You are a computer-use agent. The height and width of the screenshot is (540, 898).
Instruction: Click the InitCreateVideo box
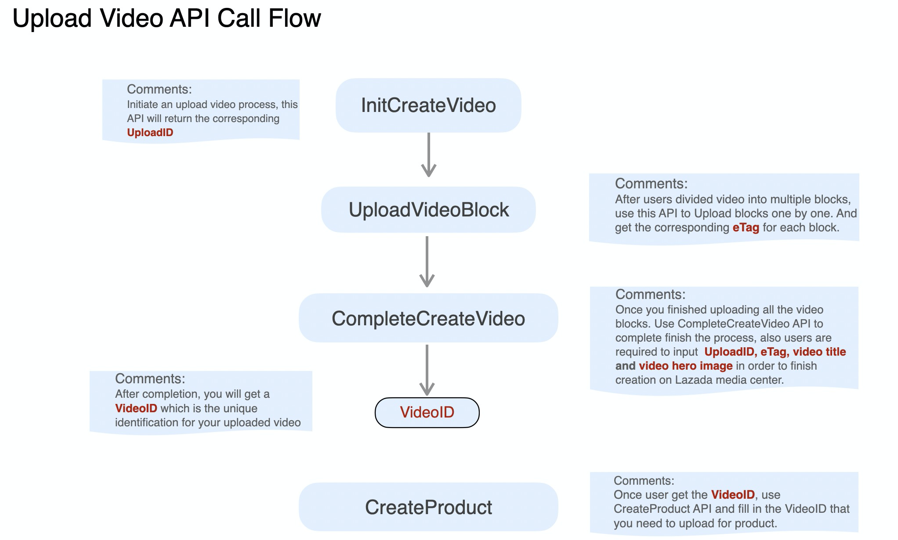point(428,105)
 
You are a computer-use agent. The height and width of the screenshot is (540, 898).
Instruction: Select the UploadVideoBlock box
point(428,210)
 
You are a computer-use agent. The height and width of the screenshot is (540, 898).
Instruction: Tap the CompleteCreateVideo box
point(428,318)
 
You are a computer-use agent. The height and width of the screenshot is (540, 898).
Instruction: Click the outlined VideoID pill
point(427,412)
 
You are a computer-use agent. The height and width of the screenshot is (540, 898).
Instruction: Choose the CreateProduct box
point(428,507)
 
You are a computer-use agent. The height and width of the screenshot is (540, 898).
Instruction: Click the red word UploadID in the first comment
point(150,133)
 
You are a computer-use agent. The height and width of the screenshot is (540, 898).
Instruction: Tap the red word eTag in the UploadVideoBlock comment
point(746,228)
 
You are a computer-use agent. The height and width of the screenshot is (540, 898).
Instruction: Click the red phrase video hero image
point(685,366)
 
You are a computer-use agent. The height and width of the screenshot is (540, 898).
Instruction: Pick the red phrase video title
point(819,352)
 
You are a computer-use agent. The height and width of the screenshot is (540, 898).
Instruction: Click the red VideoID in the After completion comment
point(136,408)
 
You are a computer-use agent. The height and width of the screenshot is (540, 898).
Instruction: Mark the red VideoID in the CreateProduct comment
point(733,495)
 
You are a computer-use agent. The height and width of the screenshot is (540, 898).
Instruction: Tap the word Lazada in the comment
point(692,380)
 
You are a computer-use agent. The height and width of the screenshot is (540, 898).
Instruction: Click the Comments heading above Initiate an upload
point(159,90)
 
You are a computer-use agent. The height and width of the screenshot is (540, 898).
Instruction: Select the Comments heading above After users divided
point(651,184)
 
